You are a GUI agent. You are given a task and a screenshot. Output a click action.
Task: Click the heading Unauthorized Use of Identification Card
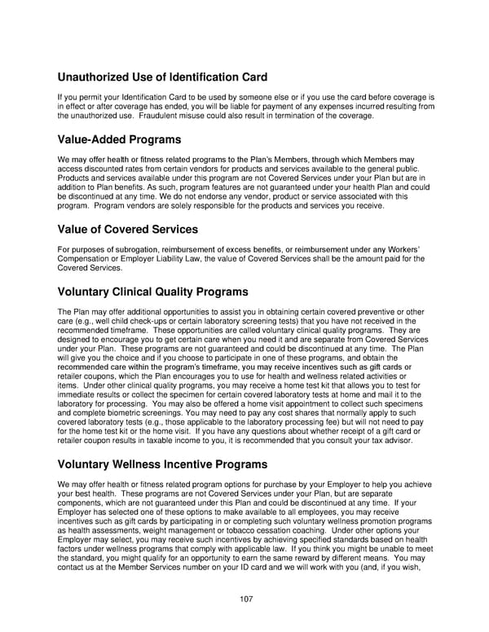(162, 78)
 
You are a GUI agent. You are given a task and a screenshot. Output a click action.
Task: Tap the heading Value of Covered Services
(127, 229)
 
